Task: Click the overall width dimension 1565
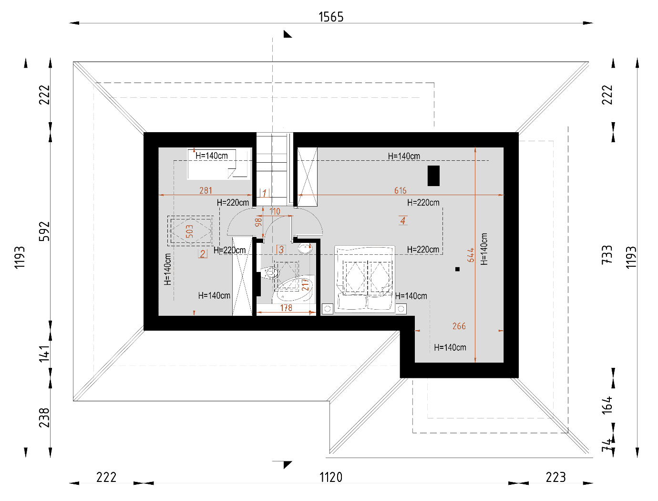[x=330, y=17]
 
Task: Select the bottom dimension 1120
[x=330, y=477]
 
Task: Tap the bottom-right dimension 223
[x=555, y=477]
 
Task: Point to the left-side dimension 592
[x=44, y=231]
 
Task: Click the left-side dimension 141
[x=44, y=354]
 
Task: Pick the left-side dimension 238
[x=44, y=417]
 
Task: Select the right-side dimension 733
[x=607, y=255]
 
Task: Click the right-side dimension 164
[x=607, y=405]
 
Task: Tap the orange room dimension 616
[x=400, y=190]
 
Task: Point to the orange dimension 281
[x=206, y=190]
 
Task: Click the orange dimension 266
[x=459, y=326]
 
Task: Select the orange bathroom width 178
[x=286, y=308]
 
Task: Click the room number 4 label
[x=403, y=220]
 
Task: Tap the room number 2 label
[x=203, y=254]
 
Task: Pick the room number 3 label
[x=281, y=250]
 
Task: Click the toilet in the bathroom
[x=270, y=273]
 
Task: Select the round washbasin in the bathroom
[x=305, y=249]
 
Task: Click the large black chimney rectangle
[x=433, y=176]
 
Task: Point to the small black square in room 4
[x=457, y=269]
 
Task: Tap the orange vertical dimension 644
[x=471, y=255]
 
